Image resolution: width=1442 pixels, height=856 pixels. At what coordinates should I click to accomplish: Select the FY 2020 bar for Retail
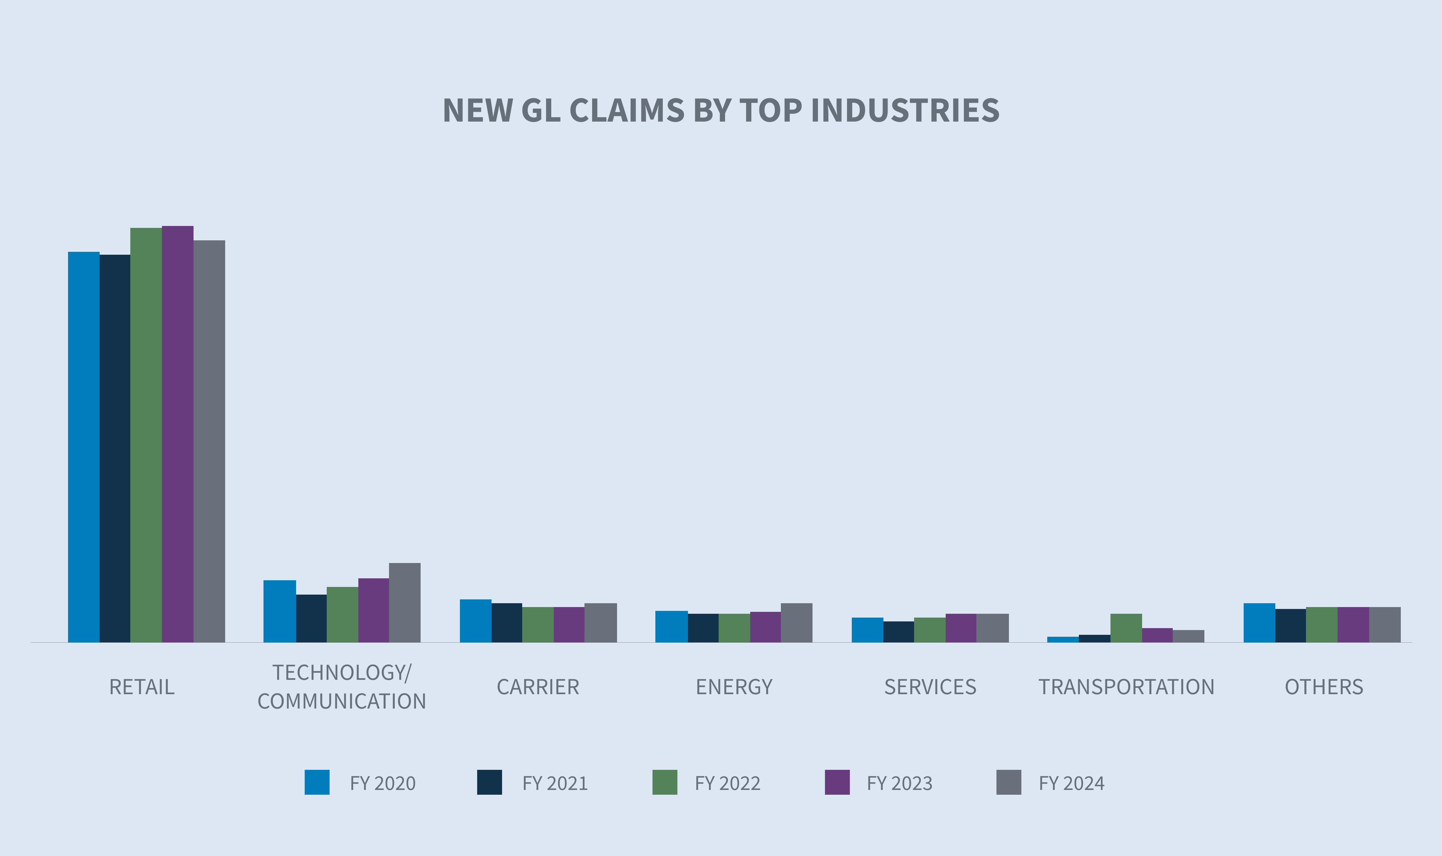(84, 447)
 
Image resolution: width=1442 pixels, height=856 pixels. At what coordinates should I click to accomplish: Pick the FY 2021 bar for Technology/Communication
(311, 618)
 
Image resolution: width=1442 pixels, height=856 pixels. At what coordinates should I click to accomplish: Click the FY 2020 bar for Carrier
(476, 621)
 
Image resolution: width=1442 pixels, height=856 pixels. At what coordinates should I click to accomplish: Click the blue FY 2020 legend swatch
(317, 782)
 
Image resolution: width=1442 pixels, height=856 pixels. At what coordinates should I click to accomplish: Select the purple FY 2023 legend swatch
(837, 782)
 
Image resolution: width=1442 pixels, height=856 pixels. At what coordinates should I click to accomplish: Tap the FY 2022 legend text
(728, 783)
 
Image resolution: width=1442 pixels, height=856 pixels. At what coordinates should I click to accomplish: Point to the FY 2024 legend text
(1072, 783)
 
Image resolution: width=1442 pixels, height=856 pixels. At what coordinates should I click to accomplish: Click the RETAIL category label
(142, 687)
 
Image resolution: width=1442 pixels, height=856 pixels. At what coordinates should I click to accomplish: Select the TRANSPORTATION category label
(1126, 687)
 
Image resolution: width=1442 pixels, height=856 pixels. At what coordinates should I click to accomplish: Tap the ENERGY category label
(734, 687)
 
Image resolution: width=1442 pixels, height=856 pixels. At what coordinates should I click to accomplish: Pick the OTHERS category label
(1324, 687)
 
